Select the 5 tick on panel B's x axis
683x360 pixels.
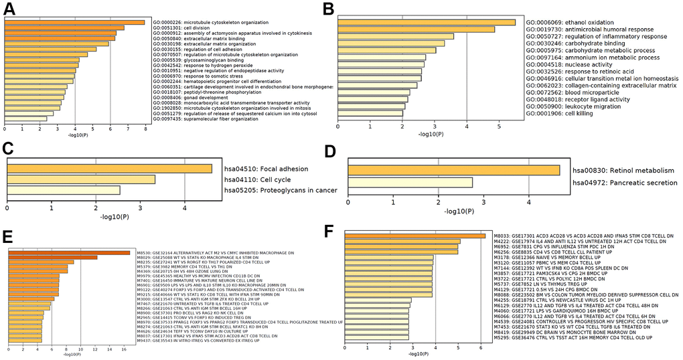tap(499, 126)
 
